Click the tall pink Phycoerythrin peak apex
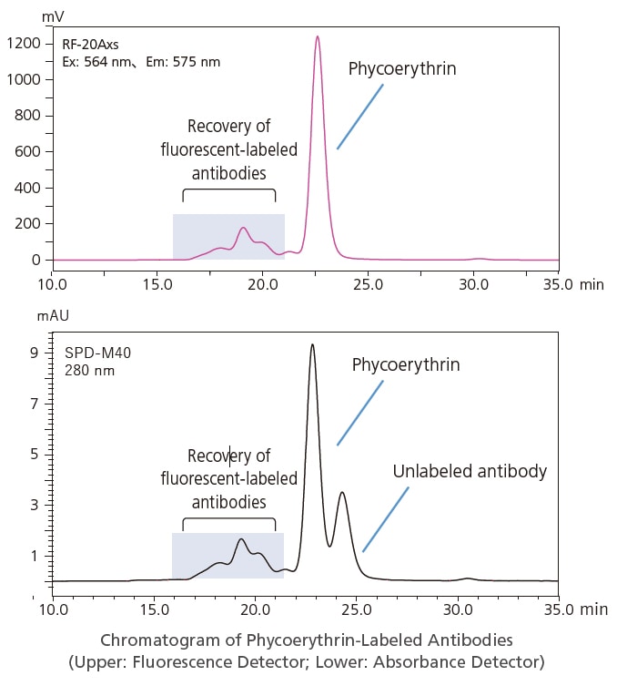tap(318, 37)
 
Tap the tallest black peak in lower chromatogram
tap(312, 345)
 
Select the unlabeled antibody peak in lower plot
tap(342, 493)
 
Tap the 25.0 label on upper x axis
tap(368, 284)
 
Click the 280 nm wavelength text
tap(89, 371)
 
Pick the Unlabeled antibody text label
tap(470, 471)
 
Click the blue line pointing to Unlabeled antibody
tap(386, 519)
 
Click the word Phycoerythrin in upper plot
tap(402, 68)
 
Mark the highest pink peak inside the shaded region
tap(243, 228)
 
